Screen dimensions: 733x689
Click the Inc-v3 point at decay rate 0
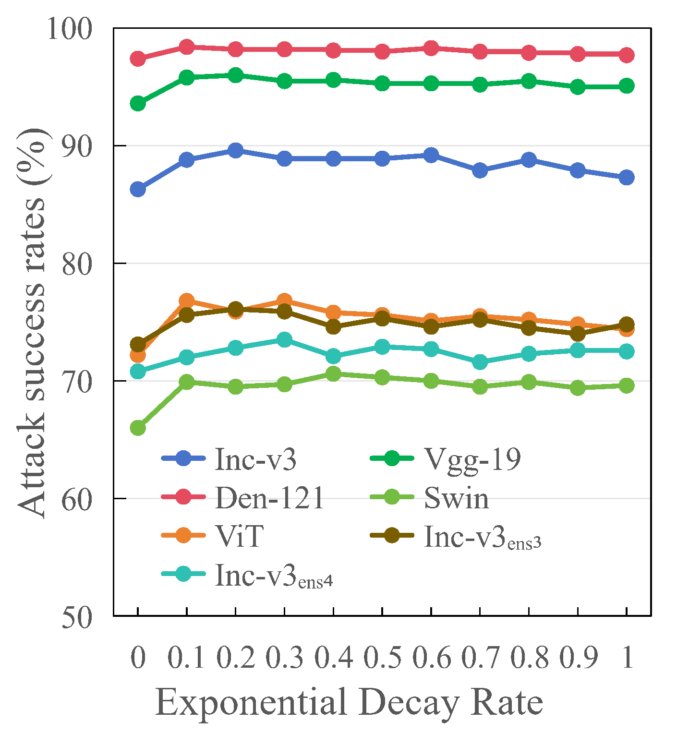point(138,190)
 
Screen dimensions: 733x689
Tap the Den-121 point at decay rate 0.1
point(187,47)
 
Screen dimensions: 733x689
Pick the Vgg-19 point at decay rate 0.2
point(236,75)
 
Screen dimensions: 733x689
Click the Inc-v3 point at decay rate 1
point(627,178)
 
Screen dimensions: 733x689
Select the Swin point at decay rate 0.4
point(333,373)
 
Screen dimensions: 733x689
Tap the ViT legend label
point(239,536)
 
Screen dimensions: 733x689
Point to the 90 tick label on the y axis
point(76,146)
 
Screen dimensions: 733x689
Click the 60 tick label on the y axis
point(76,499)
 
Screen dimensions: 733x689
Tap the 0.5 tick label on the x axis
point(382,657)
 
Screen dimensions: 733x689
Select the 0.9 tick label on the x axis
point(578,657)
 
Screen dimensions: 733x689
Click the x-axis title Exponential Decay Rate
point(349,703)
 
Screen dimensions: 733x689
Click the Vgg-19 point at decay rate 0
point(138,104)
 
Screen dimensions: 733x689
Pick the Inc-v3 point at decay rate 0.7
point(480,170)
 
